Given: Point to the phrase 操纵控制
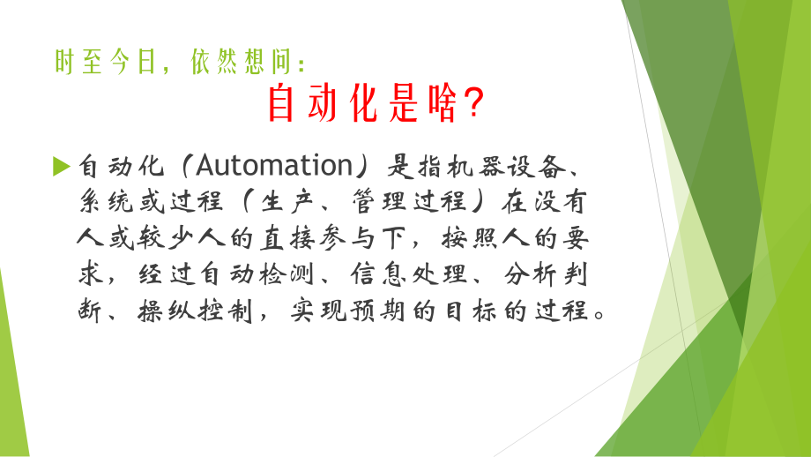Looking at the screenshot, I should [198, 311].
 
